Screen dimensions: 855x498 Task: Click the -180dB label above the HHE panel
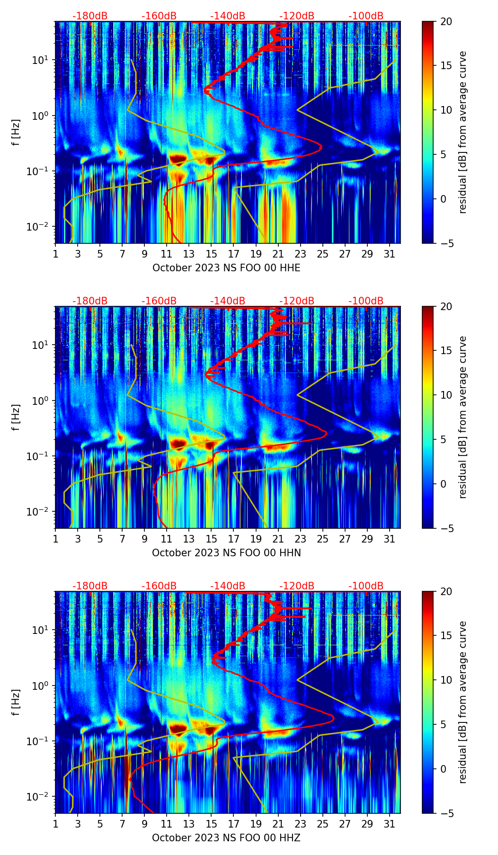[90, 16]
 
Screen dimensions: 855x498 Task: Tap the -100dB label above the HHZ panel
[366, 586]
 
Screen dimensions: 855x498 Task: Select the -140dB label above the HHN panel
[228, 301]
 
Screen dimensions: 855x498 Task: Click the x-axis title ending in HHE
[226, 268]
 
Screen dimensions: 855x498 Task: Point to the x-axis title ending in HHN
[226, 553]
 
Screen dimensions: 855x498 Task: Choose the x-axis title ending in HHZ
[226, 838]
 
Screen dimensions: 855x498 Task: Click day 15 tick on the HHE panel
[211, 253]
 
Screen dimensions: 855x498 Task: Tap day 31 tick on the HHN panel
[390, 538]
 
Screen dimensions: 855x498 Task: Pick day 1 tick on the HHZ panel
[55, 823]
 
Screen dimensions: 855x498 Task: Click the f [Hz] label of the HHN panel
[16, 417]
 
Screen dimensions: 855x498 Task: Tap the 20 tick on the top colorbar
[446, 21]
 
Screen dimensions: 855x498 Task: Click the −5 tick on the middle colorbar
[446, 528]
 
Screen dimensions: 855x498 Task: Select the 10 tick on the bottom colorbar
[446, 680]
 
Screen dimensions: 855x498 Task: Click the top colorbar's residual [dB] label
[463, 132]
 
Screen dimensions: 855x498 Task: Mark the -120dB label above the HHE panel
[297, 16]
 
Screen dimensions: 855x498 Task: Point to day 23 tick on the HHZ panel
[301, 823]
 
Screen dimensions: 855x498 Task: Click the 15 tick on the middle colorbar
[446, 351]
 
